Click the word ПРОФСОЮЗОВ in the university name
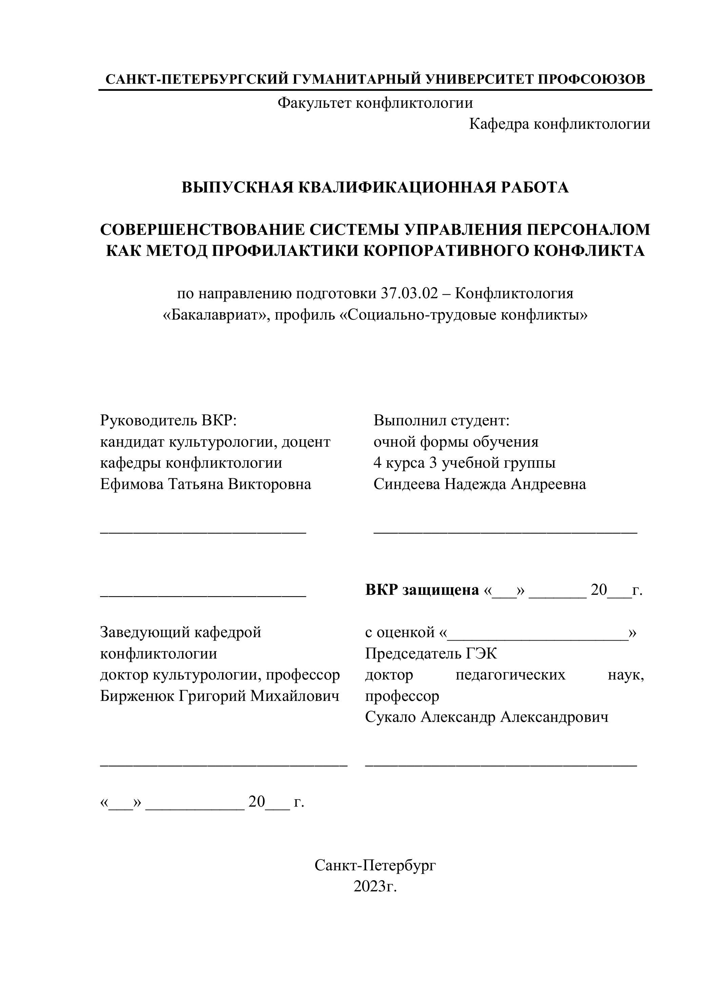592,79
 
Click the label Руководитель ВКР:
169,420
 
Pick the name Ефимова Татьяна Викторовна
205,484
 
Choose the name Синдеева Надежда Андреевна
480,484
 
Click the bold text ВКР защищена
422,590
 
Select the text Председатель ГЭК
431,653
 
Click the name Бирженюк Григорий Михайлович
220,696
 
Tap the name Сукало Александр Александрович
486,717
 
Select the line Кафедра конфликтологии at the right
559,124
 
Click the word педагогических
510,675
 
